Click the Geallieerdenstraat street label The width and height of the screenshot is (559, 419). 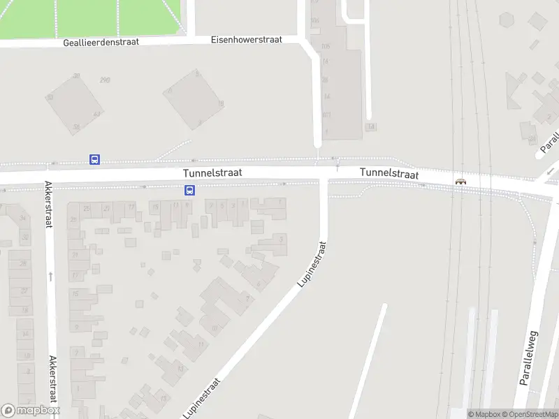[101, 42]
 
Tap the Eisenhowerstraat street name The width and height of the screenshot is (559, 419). [246, 40]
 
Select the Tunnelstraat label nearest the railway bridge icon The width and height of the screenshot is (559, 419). [389, 172]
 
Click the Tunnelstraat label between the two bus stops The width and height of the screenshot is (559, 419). [212, 172]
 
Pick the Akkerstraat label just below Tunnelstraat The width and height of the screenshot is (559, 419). [49, 205]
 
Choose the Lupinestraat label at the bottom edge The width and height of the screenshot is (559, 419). [203, 398]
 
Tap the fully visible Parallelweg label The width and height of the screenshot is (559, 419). [528, 358]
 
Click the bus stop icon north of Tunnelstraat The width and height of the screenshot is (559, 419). [94, 159]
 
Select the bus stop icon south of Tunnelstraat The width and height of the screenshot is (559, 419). [189, 190]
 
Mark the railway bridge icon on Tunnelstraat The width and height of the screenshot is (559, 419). [460, 182]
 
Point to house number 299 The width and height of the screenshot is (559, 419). [105, 80]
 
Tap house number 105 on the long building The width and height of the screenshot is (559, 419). [325, 46]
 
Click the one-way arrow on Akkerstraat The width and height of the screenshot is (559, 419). [50, 277]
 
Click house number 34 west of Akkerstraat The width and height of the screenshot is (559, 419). [23, 219]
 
